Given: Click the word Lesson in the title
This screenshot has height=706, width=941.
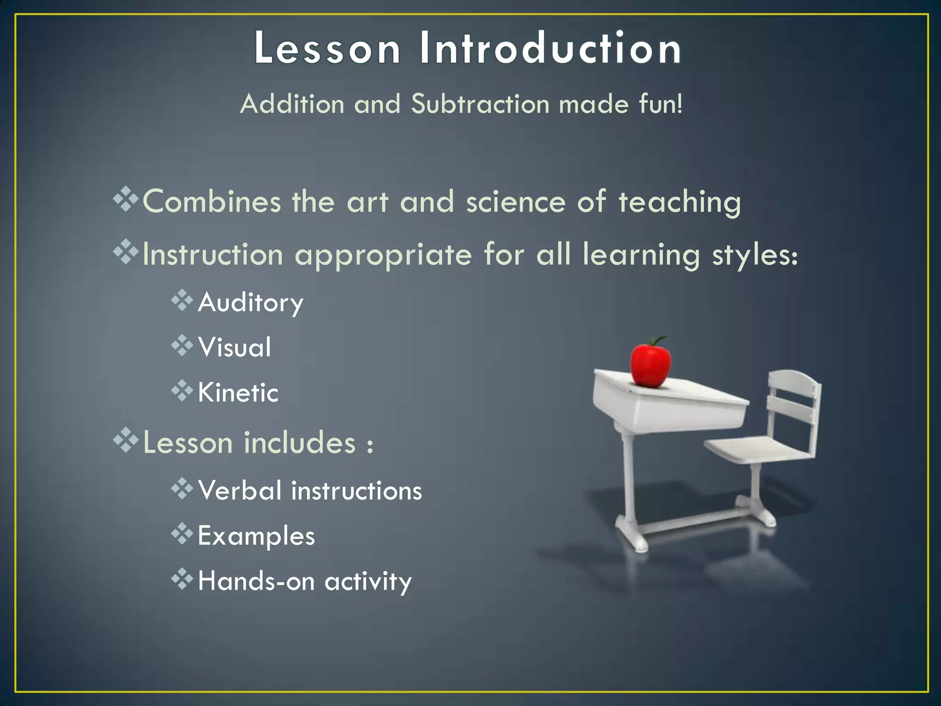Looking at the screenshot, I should pos(327,48).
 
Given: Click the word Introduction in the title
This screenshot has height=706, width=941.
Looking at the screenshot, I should pos(550,48).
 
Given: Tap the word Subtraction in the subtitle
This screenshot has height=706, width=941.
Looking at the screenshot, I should pos(480,104).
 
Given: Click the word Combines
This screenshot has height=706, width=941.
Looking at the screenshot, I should pos(212,202).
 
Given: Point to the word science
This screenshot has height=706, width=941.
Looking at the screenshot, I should pos(516,202).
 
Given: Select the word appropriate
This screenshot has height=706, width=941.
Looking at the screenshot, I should pos(383,256).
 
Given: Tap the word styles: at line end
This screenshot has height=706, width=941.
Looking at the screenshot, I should pos(754,256).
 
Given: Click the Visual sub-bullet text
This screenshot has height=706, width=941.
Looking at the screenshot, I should pos(234,347).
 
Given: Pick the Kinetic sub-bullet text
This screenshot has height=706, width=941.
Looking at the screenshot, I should pos(238,393).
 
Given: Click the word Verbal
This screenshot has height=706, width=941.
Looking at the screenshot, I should pos(239,490).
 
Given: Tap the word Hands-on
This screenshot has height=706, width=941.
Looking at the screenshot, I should pos(256,581).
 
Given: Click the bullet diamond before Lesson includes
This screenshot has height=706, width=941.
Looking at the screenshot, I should pos(125,440).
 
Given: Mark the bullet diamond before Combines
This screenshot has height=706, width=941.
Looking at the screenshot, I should pos(125,199).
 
